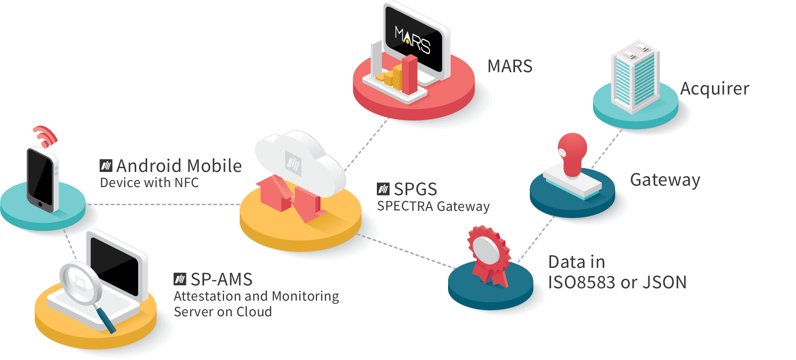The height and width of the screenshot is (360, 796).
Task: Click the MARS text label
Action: pos(510,66)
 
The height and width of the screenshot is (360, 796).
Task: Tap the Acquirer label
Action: pos(714,89)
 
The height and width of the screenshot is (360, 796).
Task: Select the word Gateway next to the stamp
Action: pos(665,180)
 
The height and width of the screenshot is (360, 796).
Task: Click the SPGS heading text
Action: pos(415,189)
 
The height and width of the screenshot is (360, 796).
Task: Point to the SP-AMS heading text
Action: pos(221,279)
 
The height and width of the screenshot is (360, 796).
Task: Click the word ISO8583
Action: pos(581,283)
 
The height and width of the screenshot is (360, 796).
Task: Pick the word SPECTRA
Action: pos(405,206)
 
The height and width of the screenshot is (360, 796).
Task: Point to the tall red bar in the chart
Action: pos(409,74)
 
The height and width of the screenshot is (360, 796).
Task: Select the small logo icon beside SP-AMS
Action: pos(179,279)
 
